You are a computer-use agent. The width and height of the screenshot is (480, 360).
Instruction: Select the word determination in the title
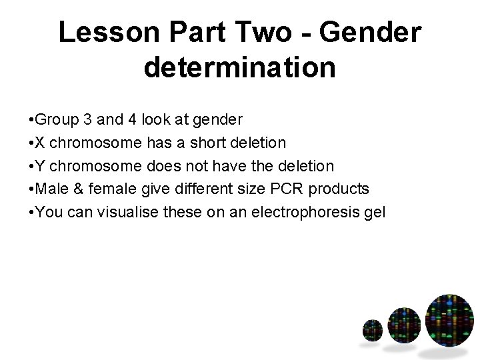pyautogui.click(x=239, y=67)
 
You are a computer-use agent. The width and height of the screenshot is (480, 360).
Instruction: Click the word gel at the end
pyautogui.click(x=375, y=213)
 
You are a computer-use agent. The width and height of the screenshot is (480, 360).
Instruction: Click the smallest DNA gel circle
pyautogui.click(x=372, y=331)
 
